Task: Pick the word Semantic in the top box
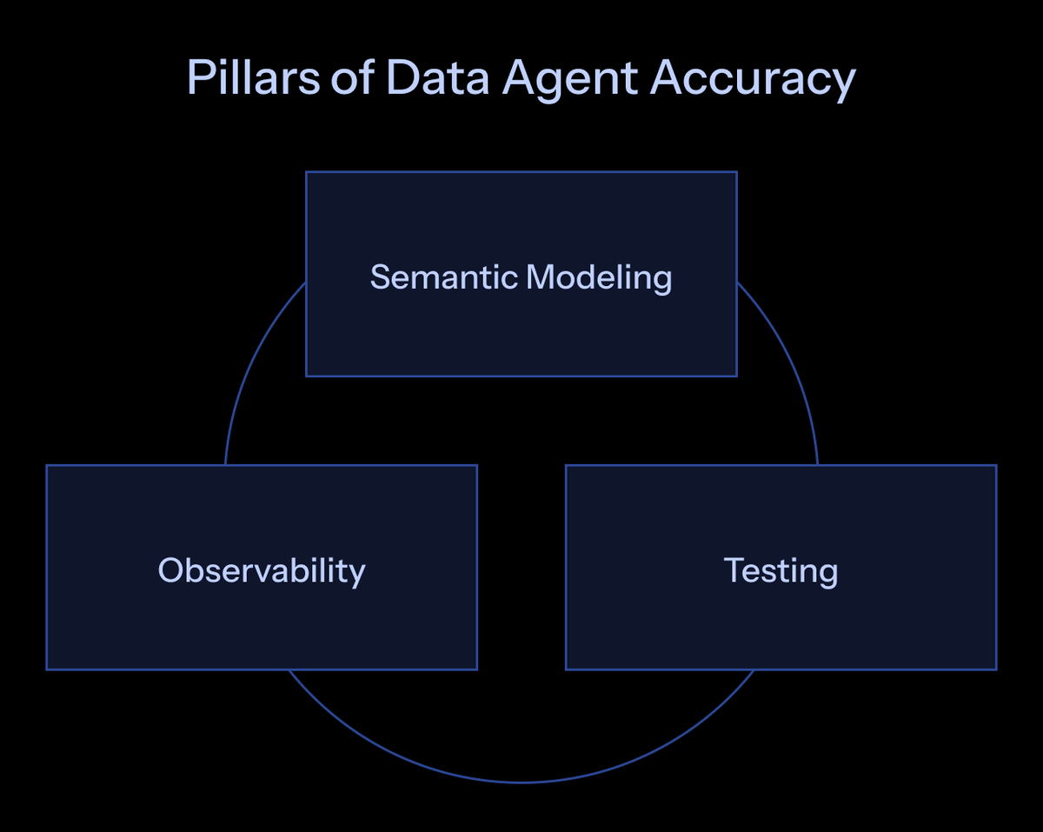point(444,277)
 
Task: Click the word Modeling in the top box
point(599,278)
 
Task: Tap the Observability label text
point(262,570)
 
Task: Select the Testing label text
point(781,571)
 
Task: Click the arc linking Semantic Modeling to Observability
point(248,365)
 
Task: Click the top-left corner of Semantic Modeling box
point(307,172)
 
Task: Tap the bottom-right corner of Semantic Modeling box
point(736,376)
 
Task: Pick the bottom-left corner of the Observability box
point(47,669)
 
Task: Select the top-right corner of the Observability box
point(476,466)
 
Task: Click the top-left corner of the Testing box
point(567,466)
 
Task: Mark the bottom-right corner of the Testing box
point(996,669)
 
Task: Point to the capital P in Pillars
point(198,78)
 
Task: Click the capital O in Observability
point(171,570)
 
